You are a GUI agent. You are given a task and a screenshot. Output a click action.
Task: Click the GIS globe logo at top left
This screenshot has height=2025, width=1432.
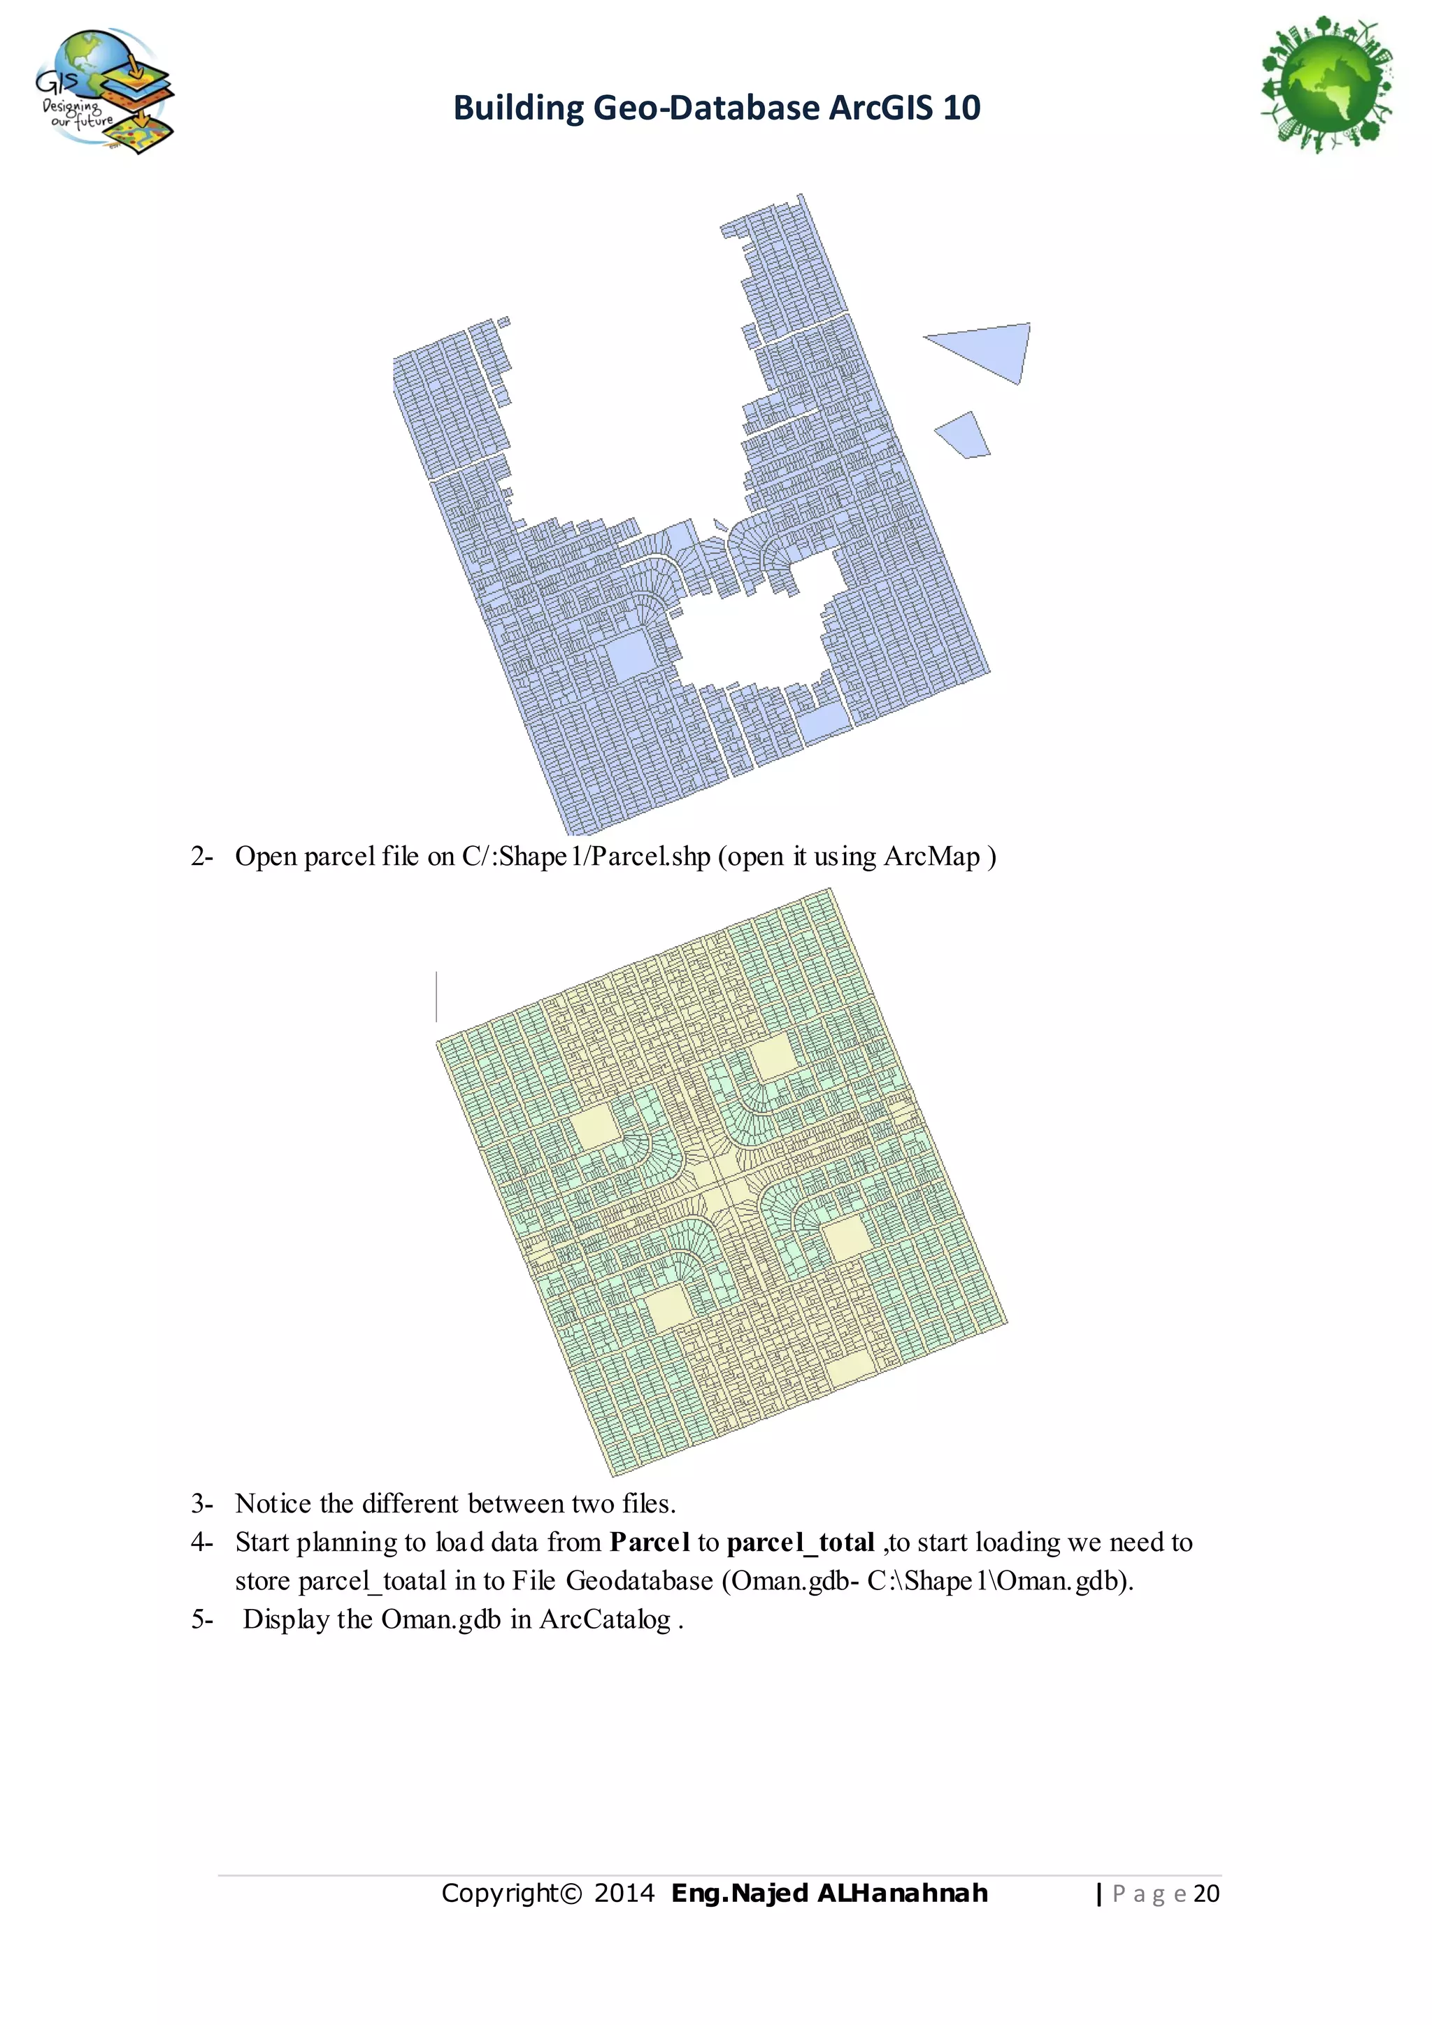tap(104, 90)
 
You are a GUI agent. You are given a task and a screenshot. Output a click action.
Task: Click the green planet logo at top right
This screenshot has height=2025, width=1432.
tap(1327, 85)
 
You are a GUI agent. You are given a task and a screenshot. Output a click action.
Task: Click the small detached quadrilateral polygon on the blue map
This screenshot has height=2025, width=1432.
tap(964, 435)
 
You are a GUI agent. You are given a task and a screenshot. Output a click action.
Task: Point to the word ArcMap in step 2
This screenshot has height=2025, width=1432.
tap(932, 857)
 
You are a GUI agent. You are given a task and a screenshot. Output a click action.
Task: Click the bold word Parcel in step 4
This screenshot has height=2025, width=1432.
tap(649, 1543)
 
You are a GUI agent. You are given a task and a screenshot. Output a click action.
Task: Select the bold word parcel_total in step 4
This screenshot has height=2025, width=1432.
tap(800, 1543)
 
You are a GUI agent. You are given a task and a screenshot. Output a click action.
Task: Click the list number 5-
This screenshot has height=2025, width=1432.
tap(202, 1619)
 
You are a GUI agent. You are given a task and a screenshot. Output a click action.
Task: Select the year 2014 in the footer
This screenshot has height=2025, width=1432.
tap(624, 1894)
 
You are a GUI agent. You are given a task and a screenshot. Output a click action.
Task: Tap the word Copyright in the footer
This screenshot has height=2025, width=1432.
tap(501, 1894)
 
